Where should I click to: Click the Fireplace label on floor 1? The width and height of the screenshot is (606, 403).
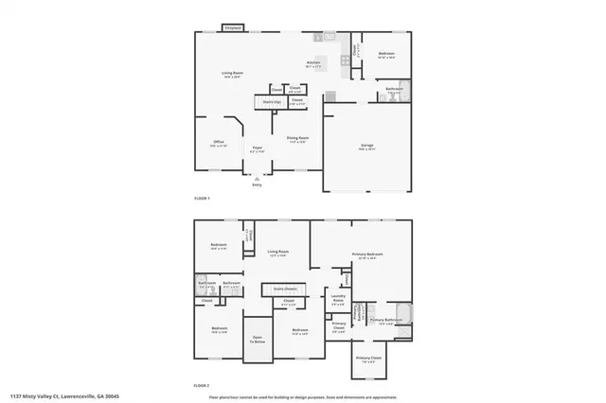(231, 28)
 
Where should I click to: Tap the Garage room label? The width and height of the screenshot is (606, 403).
(365, 145)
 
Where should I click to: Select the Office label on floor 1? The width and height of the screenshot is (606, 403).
(218, 144)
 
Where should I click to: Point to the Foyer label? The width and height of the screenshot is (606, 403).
(257, 147)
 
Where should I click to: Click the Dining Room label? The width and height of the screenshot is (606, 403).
(297, 138)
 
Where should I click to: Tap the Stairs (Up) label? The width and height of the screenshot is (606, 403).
(272, 100)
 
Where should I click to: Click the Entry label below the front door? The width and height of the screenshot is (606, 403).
(257, 184)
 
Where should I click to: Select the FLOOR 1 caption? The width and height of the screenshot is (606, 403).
(202, 198)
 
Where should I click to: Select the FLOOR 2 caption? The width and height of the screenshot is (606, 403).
(202, 386)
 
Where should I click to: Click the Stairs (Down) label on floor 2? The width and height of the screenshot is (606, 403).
(285, 288)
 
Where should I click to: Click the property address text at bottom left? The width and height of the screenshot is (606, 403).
(64, 396)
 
